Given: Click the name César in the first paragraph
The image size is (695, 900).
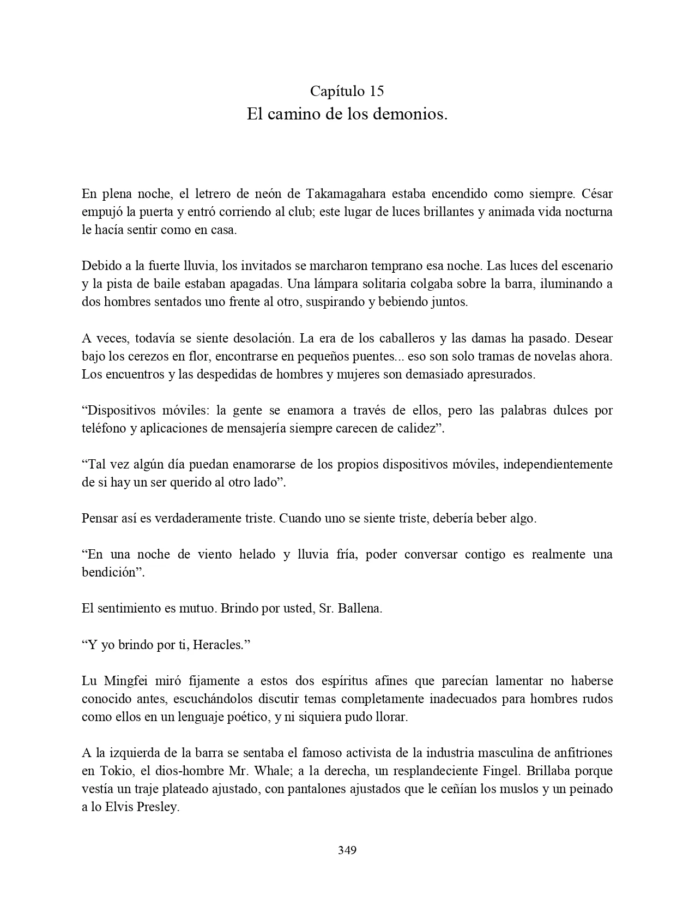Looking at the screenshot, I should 597,194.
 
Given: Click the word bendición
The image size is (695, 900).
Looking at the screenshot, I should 108,572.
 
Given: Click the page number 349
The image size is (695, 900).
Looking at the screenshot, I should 347,850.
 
